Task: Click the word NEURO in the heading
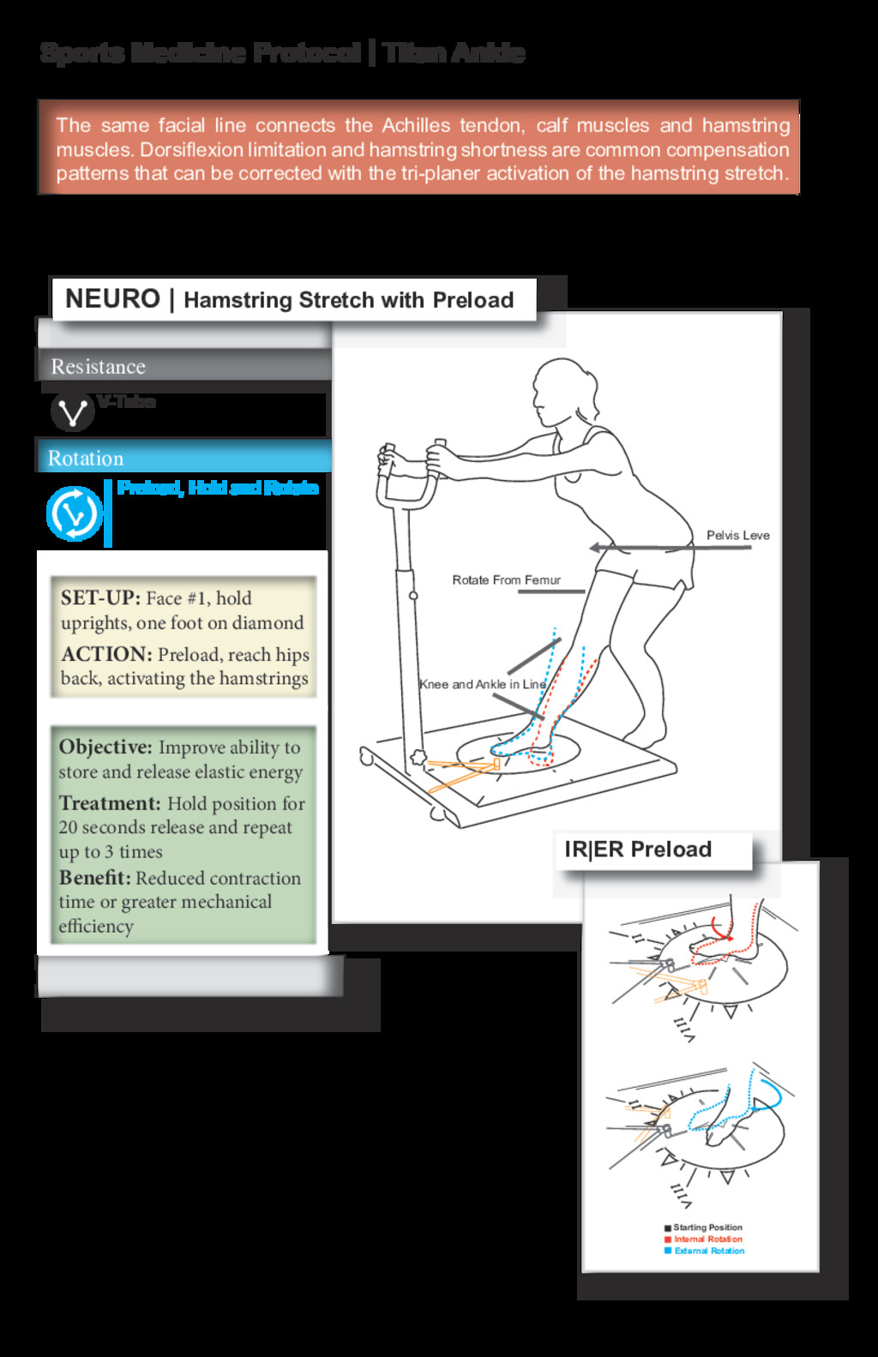click(112, 299)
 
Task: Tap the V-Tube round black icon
click(72, 411)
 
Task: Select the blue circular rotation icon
click(74, 513)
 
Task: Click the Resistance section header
click(98, 367)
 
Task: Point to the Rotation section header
click(86, 459)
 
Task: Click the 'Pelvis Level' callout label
click(737, 536)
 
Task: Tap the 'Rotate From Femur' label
click(506, 580)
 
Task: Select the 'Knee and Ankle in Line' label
click(482, 684)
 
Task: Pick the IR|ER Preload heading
click(638, 850)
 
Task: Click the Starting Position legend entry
click(707, 1228)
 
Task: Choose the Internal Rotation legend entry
click(707, 1240)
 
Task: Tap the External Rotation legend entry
click(708, 1252)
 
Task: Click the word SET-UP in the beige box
click(99, 598)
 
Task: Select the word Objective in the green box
click(105, 748)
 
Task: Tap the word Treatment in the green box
click(110, 804)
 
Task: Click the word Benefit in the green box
click(94, 879)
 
